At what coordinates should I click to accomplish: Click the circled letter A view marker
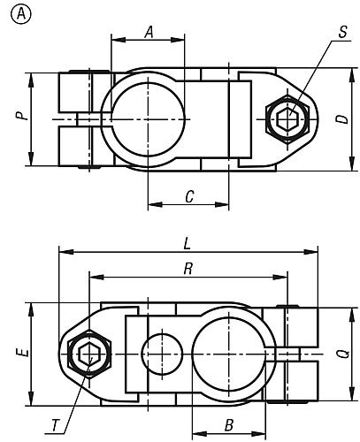tap(19, 13)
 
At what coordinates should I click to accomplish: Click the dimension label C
tap(188, 197)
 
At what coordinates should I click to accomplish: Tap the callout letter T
tap(55, 426)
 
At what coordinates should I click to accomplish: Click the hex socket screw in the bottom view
tap(87, 354)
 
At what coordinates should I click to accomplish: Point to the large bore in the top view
tap(149, 118)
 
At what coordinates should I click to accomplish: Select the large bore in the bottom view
tap(226, 353)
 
